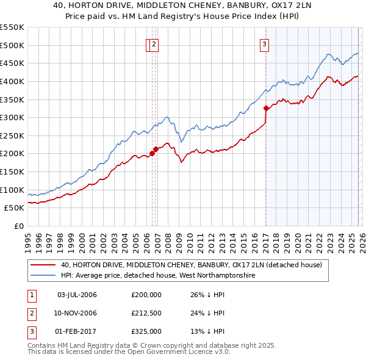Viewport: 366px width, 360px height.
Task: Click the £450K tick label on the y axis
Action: coord(12,63)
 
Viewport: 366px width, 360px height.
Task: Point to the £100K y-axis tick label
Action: coord(12,190)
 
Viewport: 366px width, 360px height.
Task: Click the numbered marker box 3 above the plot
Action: coord(265,44)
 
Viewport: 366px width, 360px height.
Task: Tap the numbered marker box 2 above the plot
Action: coord(154,44)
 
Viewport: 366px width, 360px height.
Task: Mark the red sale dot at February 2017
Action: coord(266,109)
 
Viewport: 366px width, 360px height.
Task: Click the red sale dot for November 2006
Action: coord(156,149)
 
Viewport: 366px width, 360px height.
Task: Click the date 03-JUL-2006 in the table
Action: coord(77,295)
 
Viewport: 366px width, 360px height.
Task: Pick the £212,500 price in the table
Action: coord(146,313)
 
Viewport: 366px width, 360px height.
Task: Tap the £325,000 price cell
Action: coord(146,331)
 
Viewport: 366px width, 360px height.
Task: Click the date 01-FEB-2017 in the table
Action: coord(77,331)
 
